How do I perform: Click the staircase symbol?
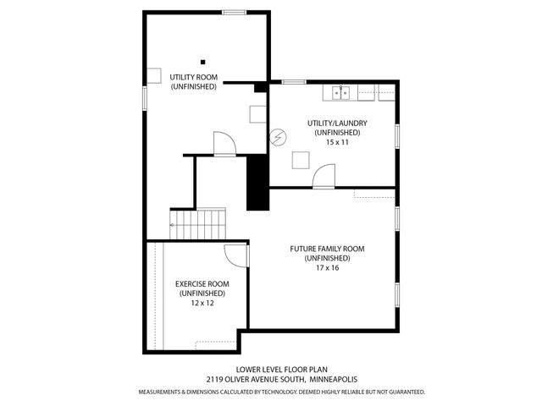pyautogui.click(x=200, y=225)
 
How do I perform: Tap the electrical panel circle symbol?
pyautogui.click(x=279, y=136)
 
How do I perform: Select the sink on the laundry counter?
pyautogui.click(x=340, y=91)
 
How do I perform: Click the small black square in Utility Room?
pyautogui.click(x=202, y=61)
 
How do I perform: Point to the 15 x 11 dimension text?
pyautogui.click(x=337, y=142)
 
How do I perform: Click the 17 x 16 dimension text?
pyautogui.click(x=327, y=267)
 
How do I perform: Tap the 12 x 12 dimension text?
pyautogui.click(x=201, y=302)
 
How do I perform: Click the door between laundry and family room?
pyautogui.click(x=324, y=177)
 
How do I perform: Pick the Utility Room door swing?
pyautogui.click(x=224, y=144)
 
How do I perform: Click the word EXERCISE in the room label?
pyautogui.click(x=191, y=283)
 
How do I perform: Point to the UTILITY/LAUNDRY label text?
pyautogui.click(x=337, y=123)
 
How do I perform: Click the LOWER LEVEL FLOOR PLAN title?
pyautogui.click(x=270, y=369)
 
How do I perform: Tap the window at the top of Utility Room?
pyautogui.click(x=235, y=12)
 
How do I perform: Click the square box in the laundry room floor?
pyautogui.click(x=300, y=160)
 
